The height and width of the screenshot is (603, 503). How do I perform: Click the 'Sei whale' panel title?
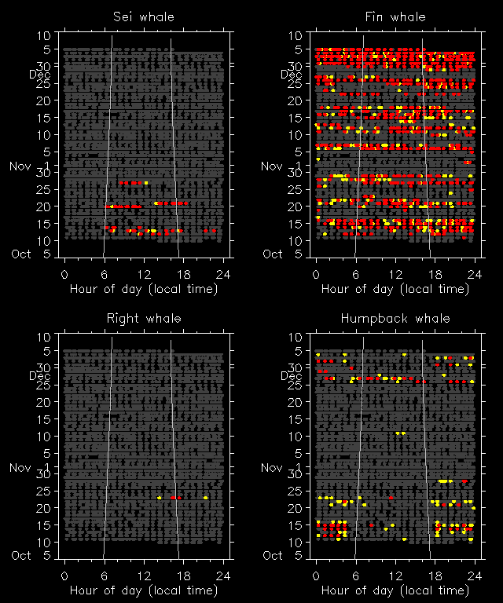(144, 16)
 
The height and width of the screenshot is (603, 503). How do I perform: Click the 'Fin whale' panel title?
(395, 16)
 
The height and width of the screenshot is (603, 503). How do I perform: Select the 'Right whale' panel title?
(144, 318)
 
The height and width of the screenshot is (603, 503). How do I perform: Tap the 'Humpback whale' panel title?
(395, 318)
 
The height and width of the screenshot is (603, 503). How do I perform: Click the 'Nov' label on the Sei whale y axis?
(21, 166)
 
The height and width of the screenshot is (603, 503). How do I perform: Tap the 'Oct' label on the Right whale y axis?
(21, 555)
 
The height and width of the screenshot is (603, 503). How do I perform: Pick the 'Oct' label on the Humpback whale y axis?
(273, 555)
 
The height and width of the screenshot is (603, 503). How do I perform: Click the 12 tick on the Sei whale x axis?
(144, 274)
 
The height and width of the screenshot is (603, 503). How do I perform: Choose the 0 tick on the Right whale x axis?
(64, 576)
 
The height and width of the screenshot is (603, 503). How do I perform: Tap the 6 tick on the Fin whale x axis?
(355, 274)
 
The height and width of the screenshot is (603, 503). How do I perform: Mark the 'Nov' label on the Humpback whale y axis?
(273, 468)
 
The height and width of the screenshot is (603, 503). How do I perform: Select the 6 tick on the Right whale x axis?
(104, 576)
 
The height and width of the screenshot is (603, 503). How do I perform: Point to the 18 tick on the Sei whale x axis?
(183, 274)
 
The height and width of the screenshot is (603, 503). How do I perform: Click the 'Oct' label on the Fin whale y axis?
(273, 254)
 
